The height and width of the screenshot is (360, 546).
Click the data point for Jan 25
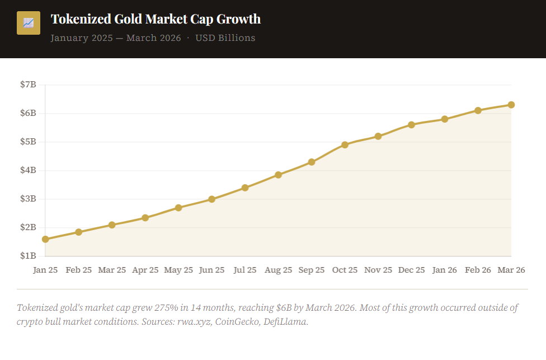(x=45, y=239)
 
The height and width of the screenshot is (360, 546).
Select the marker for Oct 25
(x=345, y=144)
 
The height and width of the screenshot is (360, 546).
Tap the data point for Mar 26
(x=511, y=105)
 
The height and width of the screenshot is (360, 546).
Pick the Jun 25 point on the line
(x=211, y=199)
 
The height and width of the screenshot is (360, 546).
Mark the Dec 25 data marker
(x=411, y=125)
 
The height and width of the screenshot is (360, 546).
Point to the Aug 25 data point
(x=278, y=175)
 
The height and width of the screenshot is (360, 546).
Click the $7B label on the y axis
(x=28, y=85)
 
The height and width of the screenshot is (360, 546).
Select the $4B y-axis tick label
(x=28, y=170)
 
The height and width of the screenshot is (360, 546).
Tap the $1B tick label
(x=28, y=256)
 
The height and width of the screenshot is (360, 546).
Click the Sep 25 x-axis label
(x=311, y=270)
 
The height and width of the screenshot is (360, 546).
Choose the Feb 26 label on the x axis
(x=478, y=270)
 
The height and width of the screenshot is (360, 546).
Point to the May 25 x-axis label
(x=178, y=270)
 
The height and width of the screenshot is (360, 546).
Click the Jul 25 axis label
(x=245, y=270)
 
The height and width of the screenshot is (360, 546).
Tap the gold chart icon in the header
(x=29, y=23)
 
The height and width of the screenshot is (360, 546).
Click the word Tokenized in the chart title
(x=81, y=19)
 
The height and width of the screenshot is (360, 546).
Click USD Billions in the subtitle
(x=225, y=38)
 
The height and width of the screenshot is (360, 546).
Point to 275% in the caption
(x=167, y=308)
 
